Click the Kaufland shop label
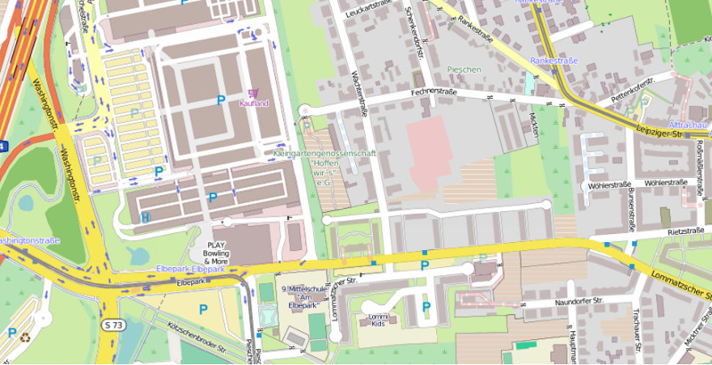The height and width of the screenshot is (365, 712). pos(254,102)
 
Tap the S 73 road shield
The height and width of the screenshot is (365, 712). pos(111,325)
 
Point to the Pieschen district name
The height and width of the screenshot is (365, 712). pos(464,69)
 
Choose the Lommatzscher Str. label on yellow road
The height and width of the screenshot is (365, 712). pos(680,283)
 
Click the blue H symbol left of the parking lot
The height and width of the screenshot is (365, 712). pos(145,216)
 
